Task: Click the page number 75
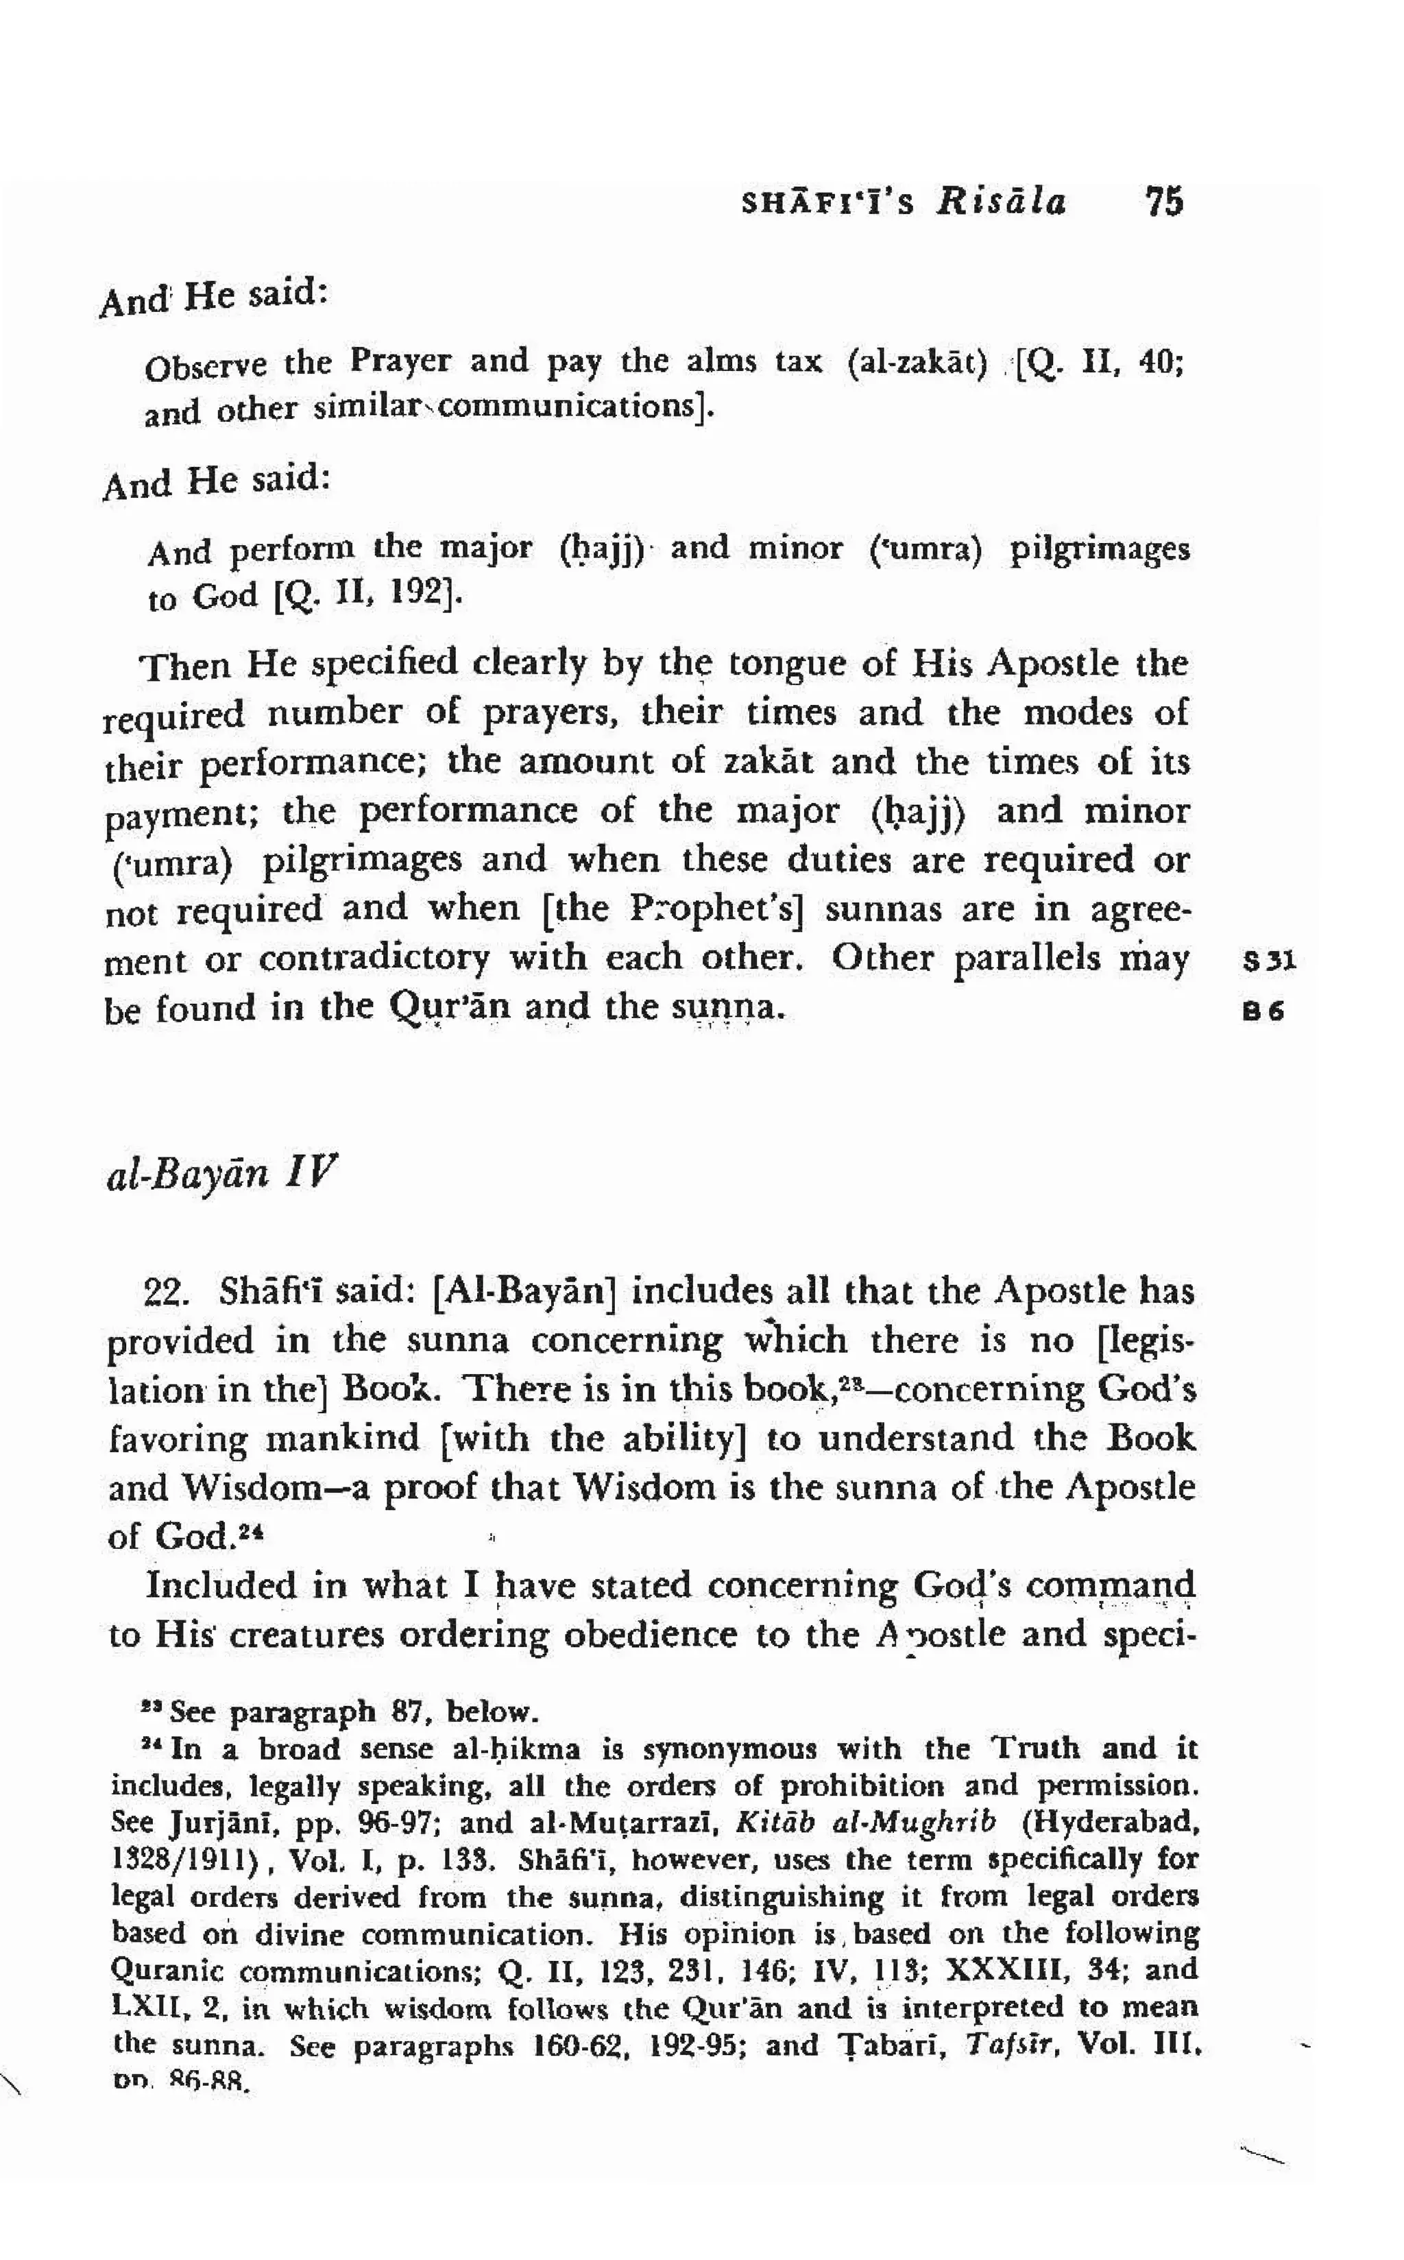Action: pyautogui.click(x=1165, y=202)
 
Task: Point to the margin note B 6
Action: pyautogui.click(x=1263, y=1012)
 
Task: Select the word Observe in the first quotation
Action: pyautogui.click(x=205, y=367)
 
